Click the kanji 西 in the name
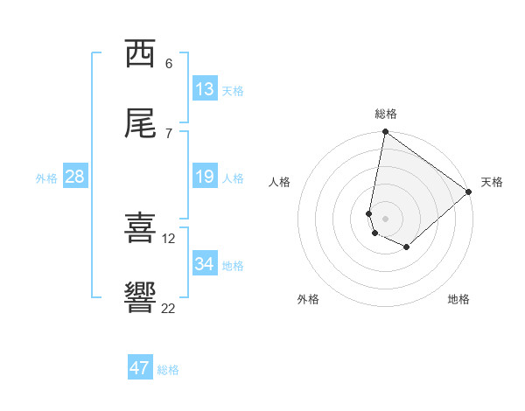click(x=140, y=53)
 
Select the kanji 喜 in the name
click(x=140, y=228)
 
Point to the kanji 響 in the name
click(x=140, y=298)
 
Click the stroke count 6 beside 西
click(x=169, y=63)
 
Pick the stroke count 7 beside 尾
click(x=169, y=133)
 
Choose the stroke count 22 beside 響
click(x=169, y=308)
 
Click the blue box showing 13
click(x=205, y=89)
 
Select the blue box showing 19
click(x=205, y=177)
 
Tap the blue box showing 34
click(x=205, y=264)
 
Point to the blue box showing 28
click(x=75, y=177)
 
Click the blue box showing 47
click(x=140, y=368)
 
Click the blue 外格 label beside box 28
click(x=46, y=178)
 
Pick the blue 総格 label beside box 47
click(x=169, y=369)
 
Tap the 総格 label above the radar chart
click(x=386, y=114)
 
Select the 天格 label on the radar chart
click(x=492, y=182)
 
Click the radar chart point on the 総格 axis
click(x=385, y=133)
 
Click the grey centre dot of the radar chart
click(x=385, y=219)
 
